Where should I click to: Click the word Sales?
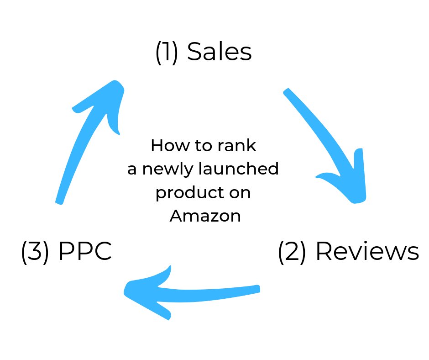pos(220,52)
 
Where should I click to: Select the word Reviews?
pos(367,251)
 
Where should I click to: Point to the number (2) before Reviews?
pos(292,251)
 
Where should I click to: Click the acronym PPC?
pos(85,251)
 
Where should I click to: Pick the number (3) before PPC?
pos(35,251)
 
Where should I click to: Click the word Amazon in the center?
pos(205,216)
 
